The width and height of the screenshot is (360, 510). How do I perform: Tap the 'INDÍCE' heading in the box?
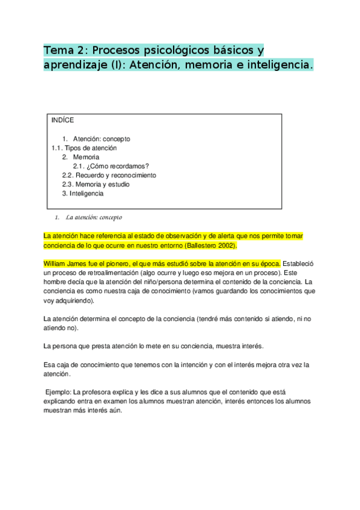[x=63, y=120]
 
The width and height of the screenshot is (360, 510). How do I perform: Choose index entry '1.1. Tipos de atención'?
[x=84, y=148]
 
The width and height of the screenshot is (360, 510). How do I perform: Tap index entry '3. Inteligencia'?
[x=82, y=194]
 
